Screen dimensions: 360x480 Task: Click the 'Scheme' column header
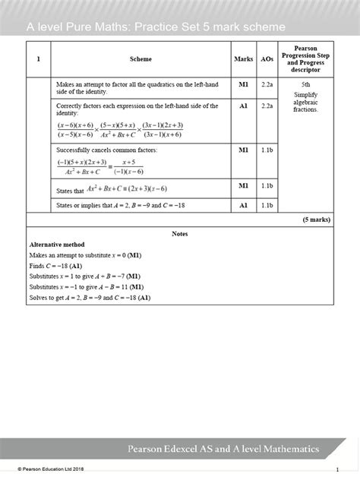click(141, 58)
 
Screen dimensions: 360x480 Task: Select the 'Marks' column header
click(244, 58)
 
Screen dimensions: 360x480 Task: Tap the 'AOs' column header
click(267, 58)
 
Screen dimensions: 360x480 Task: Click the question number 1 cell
click(38, 58)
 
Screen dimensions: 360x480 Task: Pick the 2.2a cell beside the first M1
click(267, 85)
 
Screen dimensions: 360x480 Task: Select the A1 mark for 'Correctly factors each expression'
click(244, 106)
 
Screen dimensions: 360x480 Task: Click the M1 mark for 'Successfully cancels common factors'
click(244, 150)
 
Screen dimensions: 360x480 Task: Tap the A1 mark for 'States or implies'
click(244, 205)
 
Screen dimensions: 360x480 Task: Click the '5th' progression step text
click(305, 85)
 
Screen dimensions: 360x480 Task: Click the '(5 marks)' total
click(314, 219)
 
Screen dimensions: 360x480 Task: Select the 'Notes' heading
click(180, 234)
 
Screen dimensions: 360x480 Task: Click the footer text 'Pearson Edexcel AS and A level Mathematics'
click(235, 449)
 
